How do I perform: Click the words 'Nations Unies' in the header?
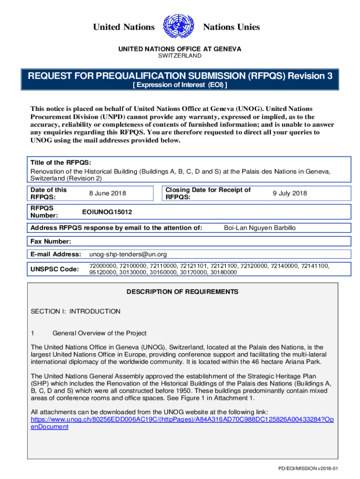[x=231, y=27]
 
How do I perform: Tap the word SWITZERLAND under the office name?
[x=180, y=56]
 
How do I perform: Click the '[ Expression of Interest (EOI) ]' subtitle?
[x=180, y=85]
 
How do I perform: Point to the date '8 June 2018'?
[x=108, y=193]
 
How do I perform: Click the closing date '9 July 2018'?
[x=290, y=193]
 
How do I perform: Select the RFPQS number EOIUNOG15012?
[x=107, y=212]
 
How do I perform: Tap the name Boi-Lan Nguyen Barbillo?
[x=259, y=228]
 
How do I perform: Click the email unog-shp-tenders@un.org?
[x=128, y=254]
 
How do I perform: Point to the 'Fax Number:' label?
[x=51, y=241]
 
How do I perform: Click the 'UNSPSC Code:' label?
[x=55, y=269]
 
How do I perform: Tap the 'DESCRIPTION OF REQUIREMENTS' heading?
[x=182, y=292]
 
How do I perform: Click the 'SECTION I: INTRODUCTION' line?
[x=75, y=311]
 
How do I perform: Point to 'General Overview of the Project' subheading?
[x=99, y=333]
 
